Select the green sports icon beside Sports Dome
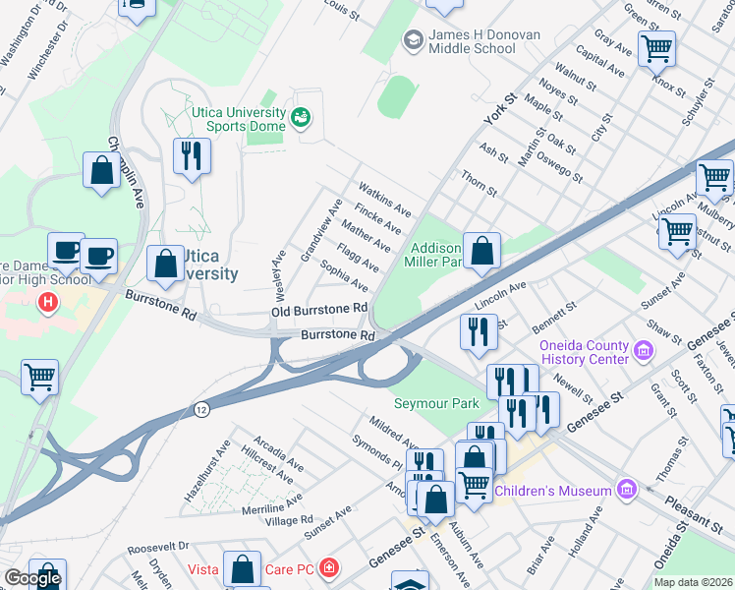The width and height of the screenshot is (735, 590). [x=302, y=119]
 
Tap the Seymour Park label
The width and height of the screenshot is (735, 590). [x=436, y=403]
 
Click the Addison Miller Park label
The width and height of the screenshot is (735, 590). [x=435, y=256]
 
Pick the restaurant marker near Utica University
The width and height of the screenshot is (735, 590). [x=192, y=157]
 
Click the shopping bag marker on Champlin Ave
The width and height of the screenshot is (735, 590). [x=102, y=171]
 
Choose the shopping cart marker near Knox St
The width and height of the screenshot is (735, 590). [x=655, y=47]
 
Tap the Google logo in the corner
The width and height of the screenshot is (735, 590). [x=32, y=578]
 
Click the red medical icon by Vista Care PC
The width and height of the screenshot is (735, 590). [x=328, y=568]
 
